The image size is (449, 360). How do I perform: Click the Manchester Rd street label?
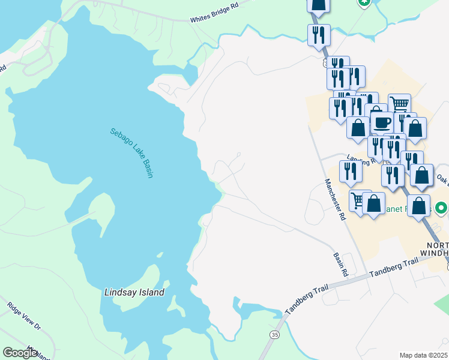coord(335,200)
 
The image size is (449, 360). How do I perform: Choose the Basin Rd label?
coord(341,264)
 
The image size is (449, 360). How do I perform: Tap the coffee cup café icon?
coord(382,123)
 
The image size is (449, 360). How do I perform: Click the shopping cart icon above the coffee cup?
coord(399,104)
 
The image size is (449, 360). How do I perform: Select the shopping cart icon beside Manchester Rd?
coord(359,200)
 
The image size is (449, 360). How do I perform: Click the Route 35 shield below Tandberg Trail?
coord(275,334)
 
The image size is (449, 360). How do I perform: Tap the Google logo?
coord(20,353)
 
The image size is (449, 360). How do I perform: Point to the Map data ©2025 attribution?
coord(423,355)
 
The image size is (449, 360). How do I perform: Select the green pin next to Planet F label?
coord(441,209)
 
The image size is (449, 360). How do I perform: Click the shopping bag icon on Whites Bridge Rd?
coord(319,5)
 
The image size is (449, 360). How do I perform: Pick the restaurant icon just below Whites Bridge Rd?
coord(319,34)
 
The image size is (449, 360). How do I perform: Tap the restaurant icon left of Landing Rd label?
coord(350,171)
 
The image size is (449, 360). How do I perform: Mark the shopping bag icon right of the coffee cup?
coord(415,128)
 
